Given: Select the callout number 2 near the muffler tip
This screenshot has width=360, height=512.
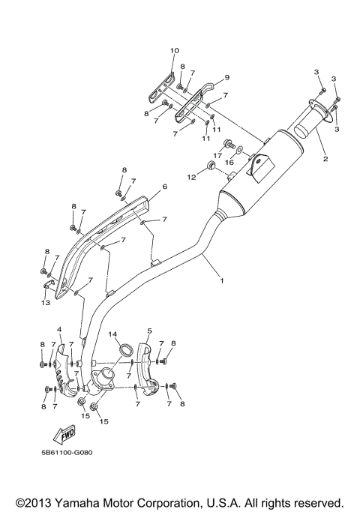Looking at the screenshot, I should [325, 160].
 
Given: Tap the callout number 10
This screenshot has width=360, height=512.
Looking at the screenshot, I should [174, 50].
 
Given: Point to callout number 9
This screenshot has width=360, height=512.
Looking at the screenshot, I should [226, 77].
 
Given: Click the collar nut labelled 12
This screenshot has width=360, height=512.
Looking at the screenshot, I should [212, 165].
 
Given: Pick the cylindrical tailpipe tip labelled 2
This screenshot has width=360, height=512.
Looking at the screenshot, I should [316, 121].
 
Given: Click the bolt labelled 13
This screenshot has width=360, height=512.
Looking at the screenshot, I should [46, 285].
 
